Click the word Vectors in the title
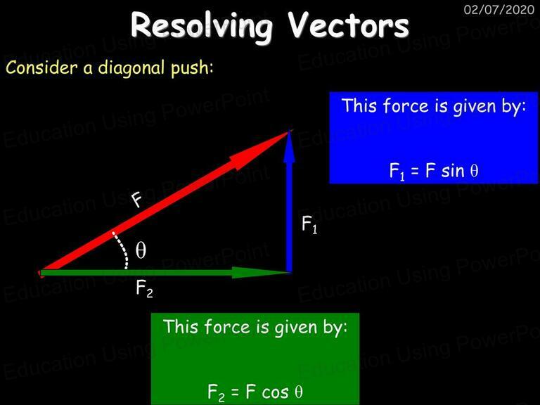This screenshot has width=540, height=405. [x=348, y=25]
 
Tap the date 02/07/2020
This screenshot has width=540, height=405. [x=499, y=9]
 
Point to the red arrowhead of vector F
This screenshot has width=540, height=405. [x=262, y=149]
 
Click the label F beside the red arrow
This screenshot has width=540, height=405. [x=136, y=200]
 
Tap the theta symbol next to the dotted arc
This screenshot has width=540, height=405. [x=141, y=250]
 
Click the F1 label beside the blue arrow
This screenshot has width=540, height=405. [x=309, y=224]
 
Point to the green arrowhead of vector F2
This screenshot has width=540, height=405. [x=261, y=272]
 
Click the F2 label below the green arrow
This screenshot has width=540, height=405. [x=144, y=288]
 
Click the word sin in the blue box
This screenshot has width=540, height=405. [x=452, y=171]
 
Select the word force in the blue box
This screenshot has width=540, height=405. [x=406, y=105]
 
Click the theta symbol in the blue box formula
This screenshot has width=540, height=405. [x=474, y=170]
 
